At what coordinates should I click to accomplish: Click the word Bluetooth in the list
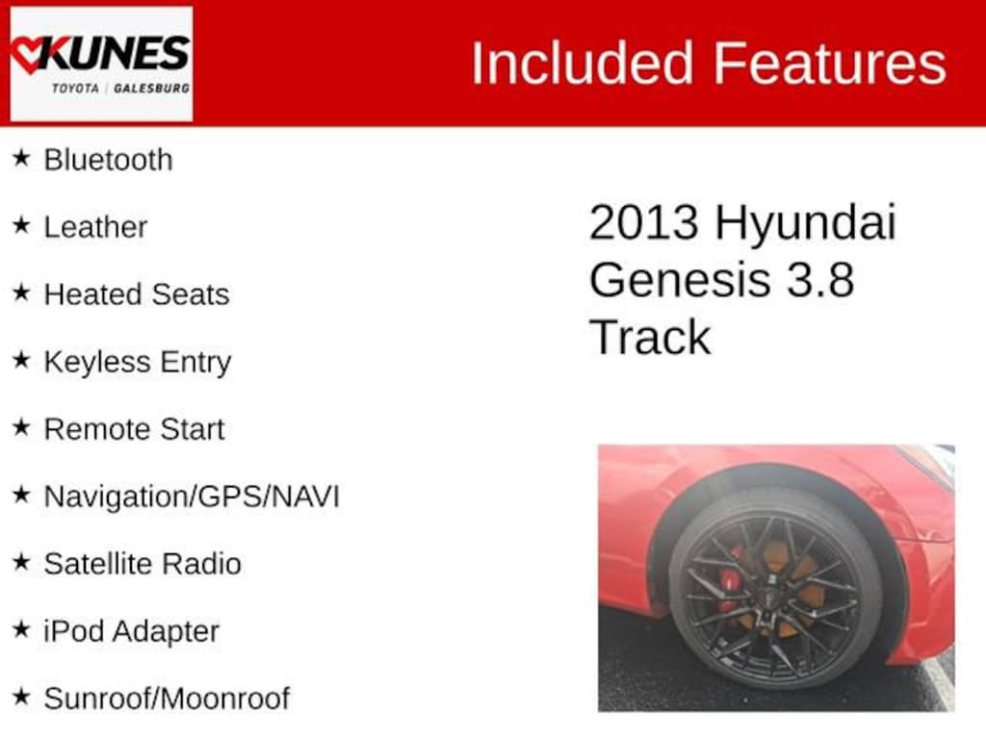pos(108,160)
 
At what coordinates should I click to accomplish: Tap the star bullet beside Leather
pos(21,225)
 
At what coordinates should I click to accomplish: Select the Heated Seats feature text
pos(137,294)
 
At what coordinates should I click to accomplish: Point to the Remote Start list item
pos(134,429)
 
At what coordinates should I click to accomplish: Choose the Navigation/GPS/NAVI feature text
pos(192,497)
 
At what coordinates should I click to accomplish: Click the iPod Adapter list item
pos(131,631)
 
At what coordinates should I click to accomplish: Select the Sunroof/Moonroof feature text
pos(167,699)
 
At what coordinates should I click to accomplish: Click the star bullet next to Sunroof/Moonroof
pos(21,697)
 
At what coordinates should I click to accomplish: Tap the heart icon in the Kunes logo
pos(29,54)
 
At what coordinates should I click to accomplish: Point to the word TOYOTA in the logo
pos(76,88)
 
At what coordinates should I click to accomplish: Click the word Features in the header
pos(829,64)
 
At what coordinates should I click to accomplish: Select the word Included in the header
pos(582,64)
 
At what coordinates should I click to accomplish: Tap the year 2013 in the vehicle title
pos(643,223)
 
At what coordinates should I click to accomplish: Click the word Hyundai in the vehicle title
pos(805,223)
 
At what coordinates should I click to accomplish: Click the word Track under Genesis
pos(649,337)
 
